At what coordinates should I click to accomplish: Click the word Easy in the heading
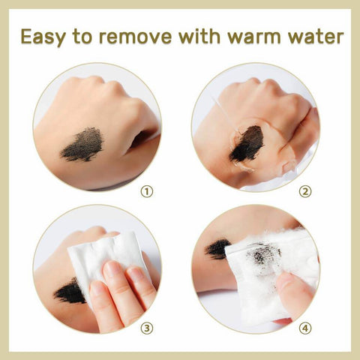pyautogui.click(x=43, y=37)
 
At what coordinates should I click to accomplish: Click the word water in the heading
pyautogui.click(x=315, y=37)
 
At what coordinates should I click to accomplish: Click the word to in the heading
pyautogui.click(x=82, y=37)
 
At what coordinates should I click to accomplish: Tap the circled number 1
pyautogui.click(x=147, y=192)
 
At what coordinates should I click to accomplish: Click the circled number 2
pyautogui.click(x=305, y=192)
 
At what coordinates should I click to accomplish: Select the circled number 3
pyautogui.click(x=147, y=328)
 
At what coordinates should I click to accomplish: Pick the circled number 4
pyautogui.click(x=305, y=328)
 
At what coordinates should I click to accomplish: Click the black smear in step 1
pyautogui.click(x=82, y=145)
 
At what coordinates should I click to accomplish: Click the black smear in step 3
pyautogui.click(x=70, y=291)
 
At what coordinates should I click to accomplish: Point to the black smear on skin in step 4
pyautogui.click(x=217, y=249)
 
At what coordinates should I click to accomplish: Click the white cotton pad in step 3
pyautogui.click(x=107, y=260)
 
